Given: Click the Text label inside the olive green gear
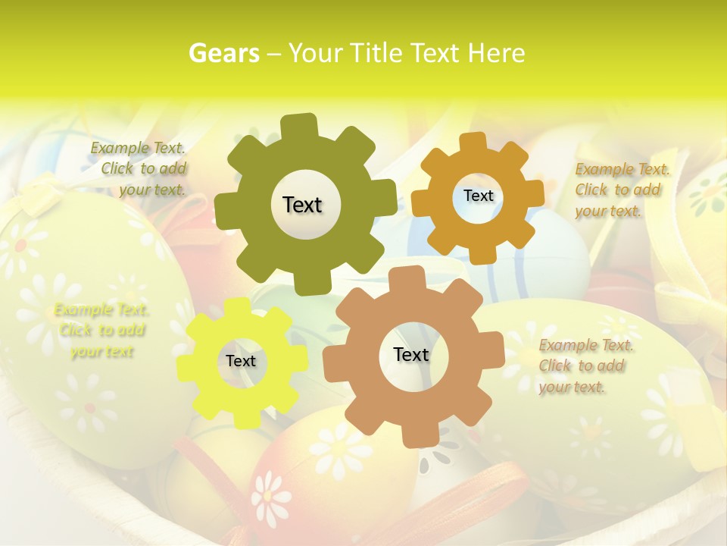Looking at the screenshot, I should click(x=302, y=205).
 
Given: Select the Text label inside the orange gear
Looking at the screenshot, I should click(x=478, y=196).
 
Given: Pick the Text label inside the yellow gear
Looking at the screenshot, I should click(x=241, y=362).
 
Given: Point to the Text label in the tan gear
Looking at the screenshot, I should click(x=411, y=355).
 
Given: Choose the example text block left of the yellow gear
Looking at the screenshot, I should click(x=101, y=331).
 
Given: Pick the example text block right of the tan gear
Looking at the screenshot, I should click(x=586, y=366).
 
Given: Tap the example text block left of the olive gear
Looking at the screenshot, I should click(x=140, y=168).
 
